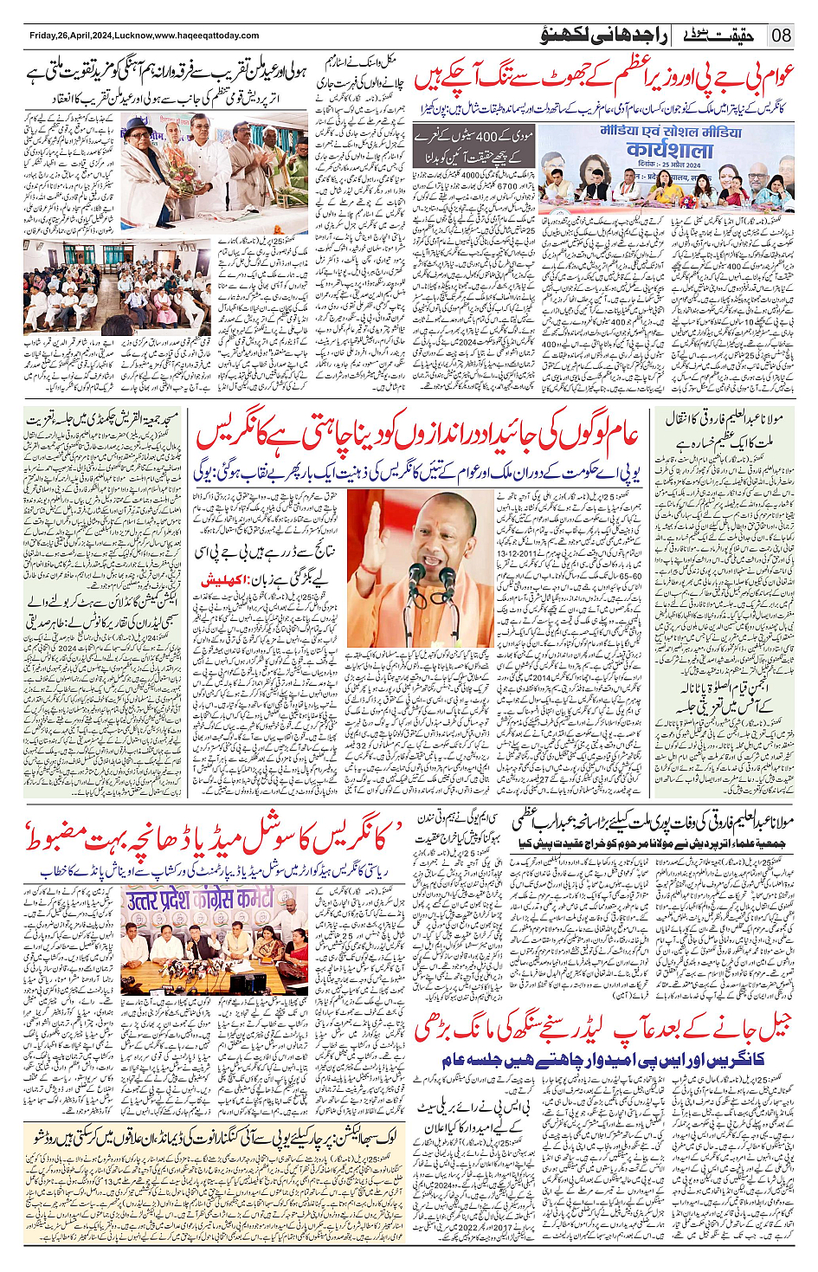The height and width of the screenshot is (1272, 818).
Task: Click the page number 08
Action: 782,36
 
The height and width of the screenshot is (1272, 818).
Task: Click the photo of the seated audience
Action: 116,287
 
